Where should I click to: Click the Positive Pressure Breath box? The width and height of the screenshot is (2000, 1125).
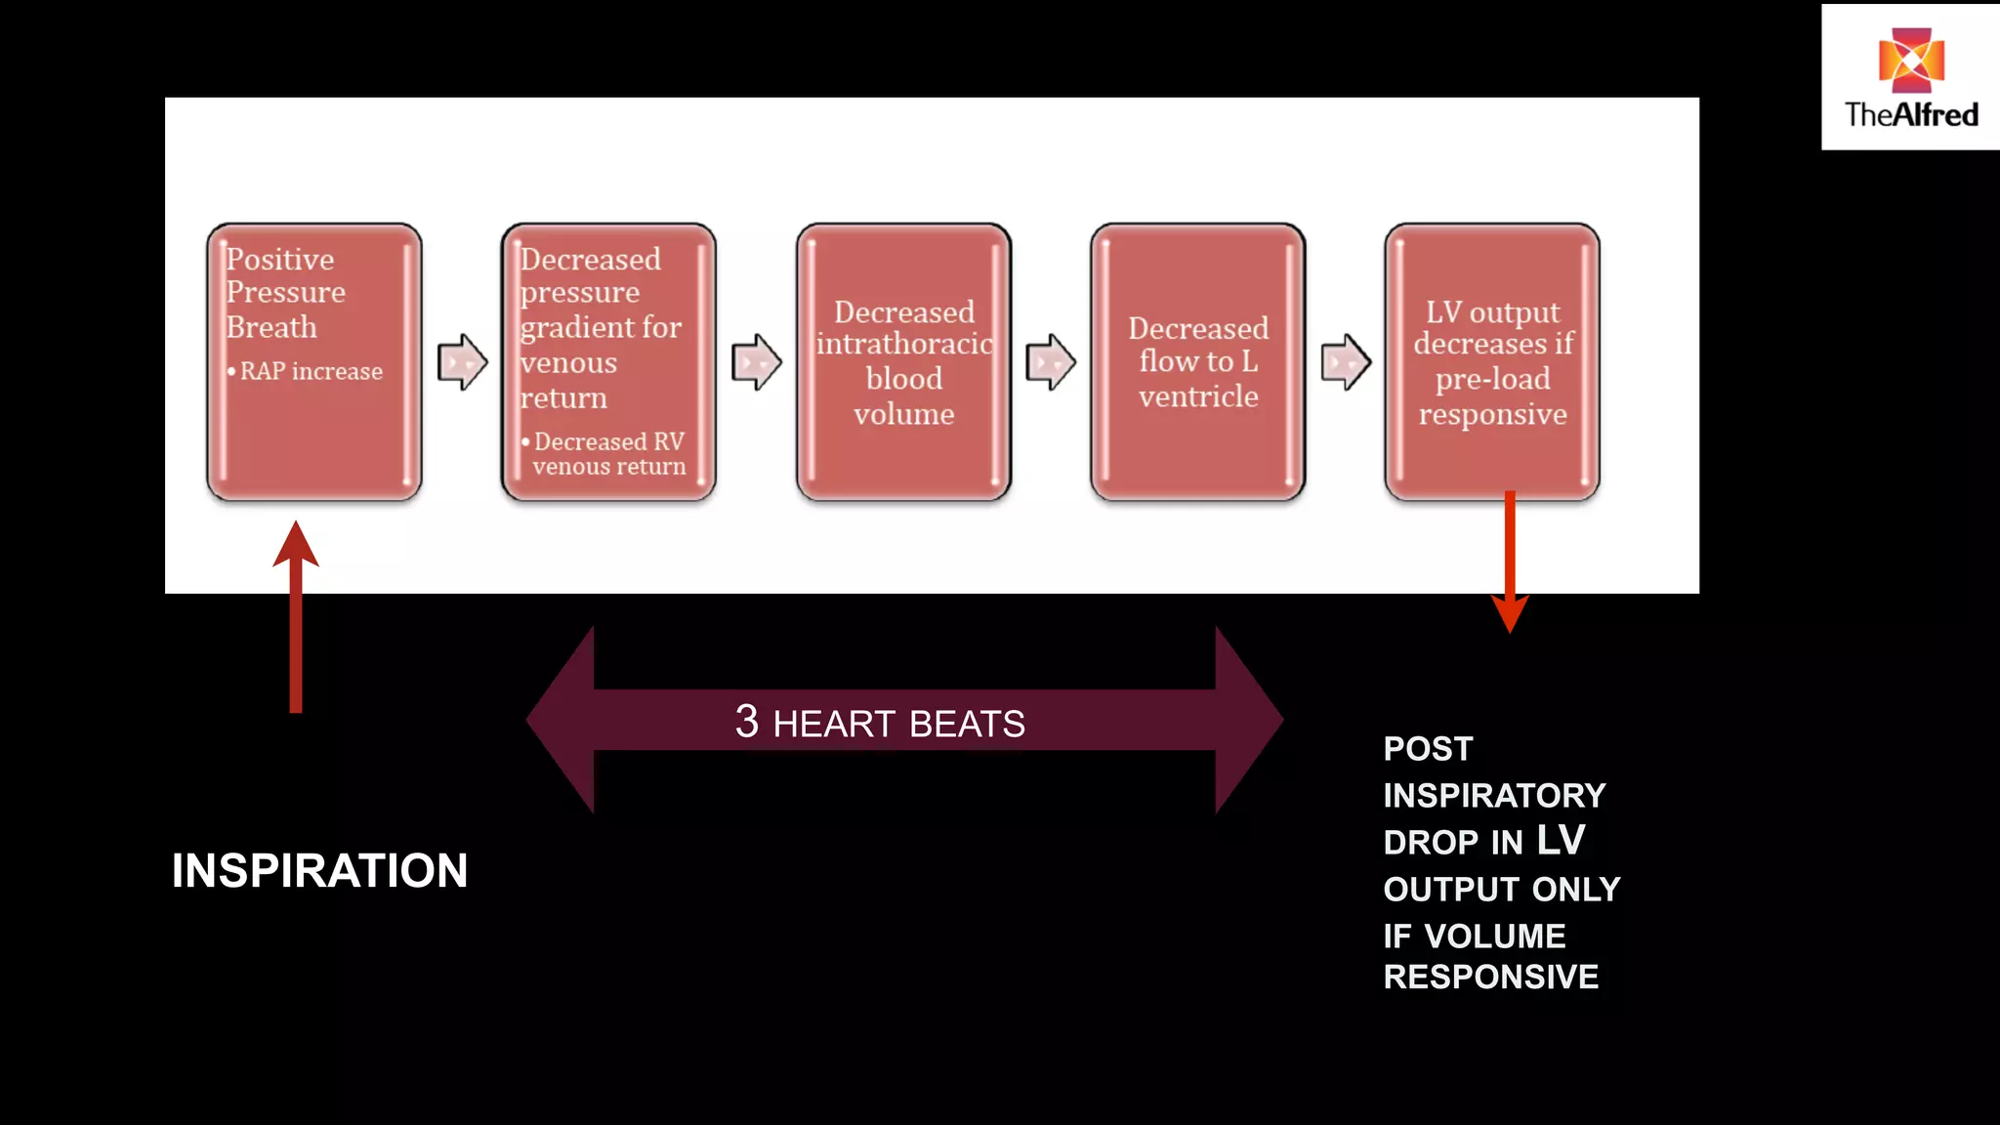[x=313, y=361]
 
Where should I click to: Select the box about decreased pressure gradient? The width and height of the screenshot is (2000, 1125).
[x=608, y=361]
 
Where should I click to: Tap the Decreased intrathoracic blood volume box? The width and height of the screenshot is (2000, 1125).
[x=903, y=361]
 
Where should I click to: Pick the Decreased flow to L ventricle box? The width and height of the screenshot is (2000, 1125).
[x=1198, y=361]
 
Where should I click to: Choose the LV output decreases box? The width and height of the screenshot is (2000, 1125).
[x=1492, y=361]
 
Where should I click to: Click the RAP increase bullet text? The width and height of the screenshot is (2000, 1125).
[x=311, y=372]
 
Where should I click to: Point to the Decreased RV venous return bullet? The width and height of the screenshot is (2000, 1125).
[x=608, y=454]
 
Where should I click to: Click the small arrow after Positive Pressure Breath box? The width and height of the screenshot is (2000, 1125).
[x=462, y=362]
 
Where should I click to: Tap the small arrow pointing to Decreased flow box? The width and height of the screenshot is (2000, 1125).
[x=1051, y=362]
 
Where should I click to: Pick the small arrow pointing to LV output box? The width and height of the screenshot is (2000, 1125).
[x=1346, y=362]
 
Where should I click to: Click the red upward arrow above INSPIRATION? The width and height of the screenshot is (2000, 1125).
[x=296, y=615]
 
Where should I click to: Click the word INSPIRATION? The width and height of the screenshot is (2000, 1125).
[x=319, y=871]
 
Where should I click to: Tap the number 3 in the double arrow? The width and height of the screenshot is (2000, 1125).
[x=747, y=723]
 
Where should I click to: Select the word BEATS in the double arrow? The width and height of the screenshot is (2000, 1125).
[x=967, y=725]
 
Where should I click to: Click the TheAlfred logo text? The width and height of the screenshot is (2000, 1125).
[x=1911, y=115]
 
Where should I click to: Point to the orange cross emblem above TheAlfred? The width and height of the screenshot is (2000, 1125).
[x=1911, y=60]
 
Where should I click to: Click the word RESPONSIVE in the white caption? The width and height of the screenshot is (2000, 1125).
[x=1490, y=978]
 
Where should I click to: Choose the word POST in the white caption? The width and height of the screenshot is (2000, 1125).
[x=1428, y=749]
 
